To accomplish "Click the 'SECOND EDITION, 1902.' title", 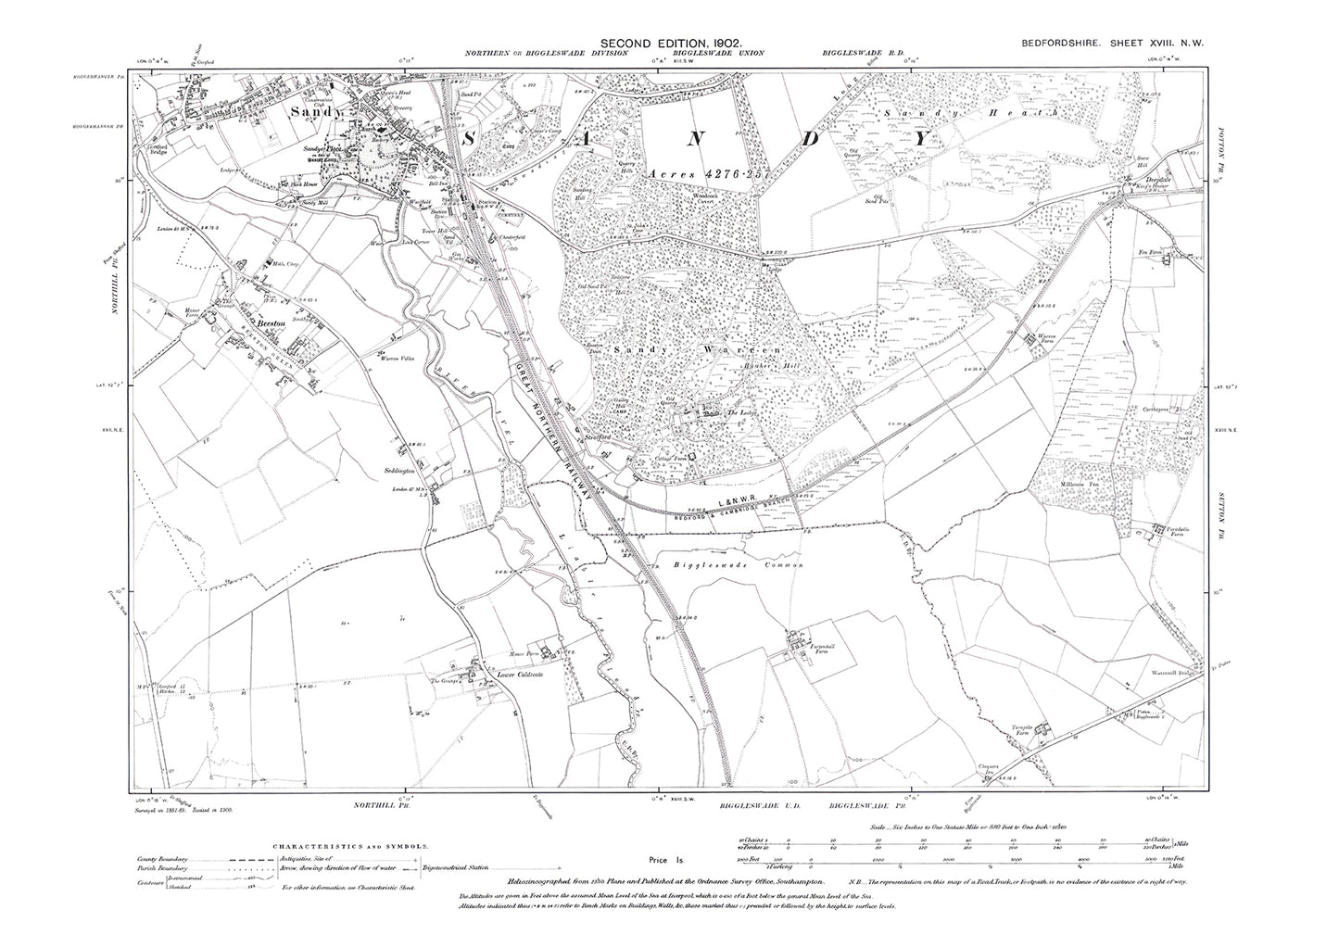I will point(669,43).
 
